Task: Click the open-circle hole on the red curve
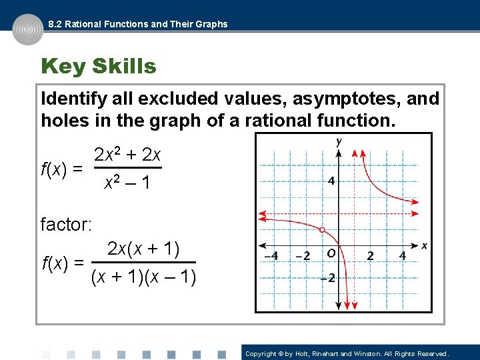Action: pos(323,230)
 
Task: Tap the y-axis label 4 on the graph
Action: pos(331,181)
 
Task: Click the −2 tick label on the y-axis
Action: pos(327,278)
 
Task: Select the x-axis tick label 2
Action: pos(370,256)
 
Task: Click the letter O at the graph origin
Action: pos(331,254)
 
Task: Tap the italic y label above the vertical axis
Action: pos(339,141)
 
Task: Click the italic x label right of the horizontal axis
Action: pos(424,246)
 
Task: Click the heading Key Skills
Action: pos(99,67)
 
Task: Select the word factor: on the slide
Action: pos(66,224)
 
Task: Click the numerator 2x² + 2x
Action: pos(127,155)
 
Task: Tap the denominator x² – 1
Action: pos(127,182)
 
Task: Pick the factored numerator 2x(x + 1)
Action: pos(143,249)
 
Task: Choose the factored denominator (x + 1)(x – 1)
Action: pos(143,275)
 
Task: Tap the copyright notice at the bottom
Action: pos(347,353)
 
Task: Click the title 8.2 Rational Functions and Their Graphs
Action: pos(138,24)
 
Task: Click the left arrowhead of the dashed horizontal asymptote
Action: pos(261,215)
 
